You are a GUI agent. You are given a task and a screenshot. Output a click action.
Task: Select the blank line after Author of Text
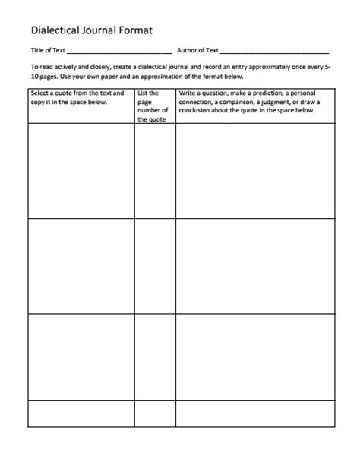click(274, 51)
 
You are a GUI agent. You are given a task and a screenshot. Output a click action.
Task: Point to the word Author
click(188, 50)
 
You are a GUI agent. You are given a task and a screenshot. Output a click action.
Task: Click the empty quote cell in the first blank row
click(81, 170)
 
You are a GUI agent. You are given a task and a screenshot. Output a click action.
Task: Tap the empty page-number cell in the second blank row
click(154, 265)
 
